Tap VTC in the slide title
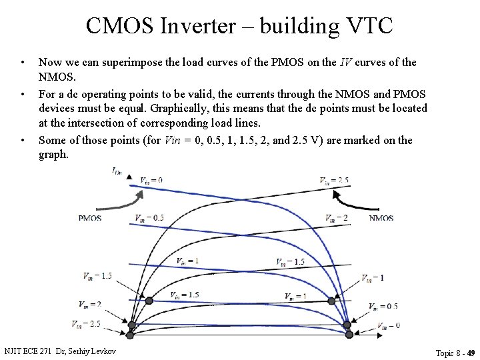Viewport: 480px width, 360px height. (x=367, y=26)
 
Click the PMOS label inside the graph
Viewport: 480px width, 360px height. (x=90, y=218)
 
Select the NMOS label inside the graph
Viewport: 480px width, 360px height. (x=381, y=218)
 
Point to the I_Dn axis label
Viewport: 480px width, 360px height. (x=117, y=171)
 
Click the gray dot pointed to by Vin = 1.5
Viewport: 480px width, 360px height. (x=149, y=301)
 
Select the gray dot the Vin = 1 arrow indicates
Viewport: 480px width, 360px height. (x=331, y=301)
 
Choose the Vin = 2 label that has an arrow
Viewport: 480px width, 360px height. (x=90, y=305)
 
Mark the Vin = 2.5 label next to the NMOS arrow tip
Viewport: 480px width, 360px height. (x=334, y=180)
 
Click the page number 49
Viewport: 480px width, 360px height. (x=471, y=353)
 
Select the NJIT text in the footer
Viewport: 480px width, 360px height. (x=13, y=351)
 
